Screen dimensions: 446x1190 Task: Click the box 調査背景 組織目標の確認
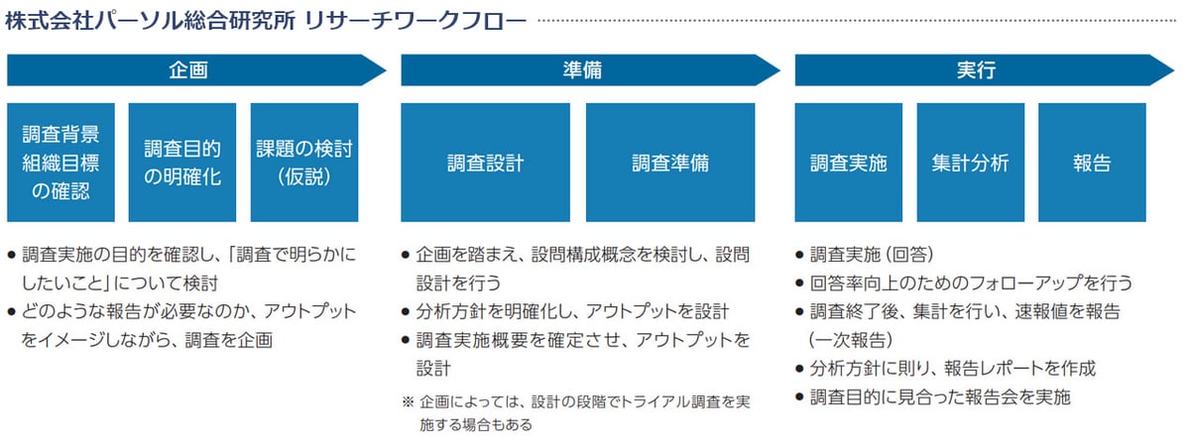pos(60,163)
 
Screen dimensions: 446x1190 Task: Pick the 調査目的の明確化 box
pos(182,163)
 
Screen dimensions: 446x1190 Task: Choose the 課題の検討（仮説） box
pos(303,163)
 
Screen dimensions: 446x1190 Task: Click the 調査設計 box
pos(485,163)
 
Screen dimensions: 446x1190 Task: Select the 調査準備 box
pos(670,163)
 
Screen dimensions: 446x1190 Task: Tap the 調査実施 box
pos(849,163)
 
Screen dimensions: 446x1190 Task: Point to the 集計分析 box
pos(970,163)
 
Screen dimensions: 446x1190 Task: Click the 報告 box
pos(1092,163)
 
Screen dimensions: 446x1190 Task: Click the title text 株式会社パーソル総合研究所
pos(150,20)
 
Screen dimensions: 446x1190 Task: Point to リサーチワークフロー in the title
pos(416,20)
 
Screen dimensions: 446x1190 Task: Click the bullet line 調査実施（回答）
pos(872,254)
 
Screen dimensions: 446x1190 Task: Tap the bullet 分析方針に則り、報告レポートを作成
pos(952,369)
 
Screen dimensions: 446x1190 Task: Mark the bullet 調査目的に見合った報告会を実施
pos(940,397)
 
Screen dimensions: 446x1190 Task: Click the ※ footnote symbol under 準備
pos(408,402)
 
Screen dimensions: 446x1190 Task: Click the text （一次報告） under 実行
pos(852,340)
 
